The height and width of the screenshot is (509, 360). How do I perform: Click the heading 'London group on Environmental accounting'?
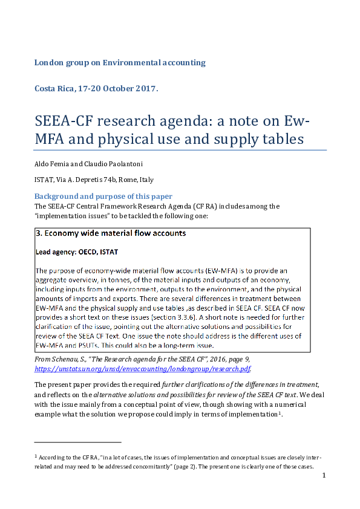point(120,62)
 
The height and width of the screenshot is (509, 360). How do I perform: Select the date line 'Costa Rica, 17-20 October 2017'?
point(96,88)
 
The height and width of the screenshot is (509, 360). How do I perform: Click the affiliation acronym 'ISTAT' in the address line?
point(44,180)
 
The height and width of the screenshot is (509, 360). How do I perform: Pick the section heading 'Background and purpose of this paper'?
point(103,196)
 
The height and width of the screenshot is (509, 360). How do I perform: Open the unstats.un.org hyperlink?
point(143,368)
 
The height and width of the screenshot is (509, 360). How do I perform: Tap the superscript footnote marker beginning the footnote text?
point(36,455)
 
